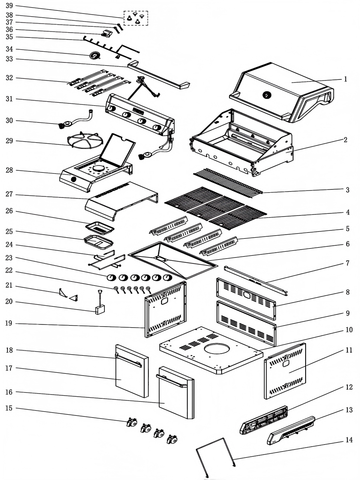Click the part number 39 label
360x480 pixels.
9,6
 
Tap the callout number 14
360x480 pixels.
349,440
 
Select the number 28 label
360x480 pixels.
9,170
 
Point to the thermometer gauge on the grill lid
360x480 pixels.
266,95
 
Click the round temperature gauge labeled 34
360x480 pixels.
95,56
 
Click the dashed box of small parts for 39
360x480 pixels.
136,18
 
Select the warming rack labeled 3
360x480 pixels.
228,182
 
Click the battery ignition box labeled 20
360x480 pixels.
100,309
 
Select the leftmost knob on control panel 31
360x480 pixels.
111,108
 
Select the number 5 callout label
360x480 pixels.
348,229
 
